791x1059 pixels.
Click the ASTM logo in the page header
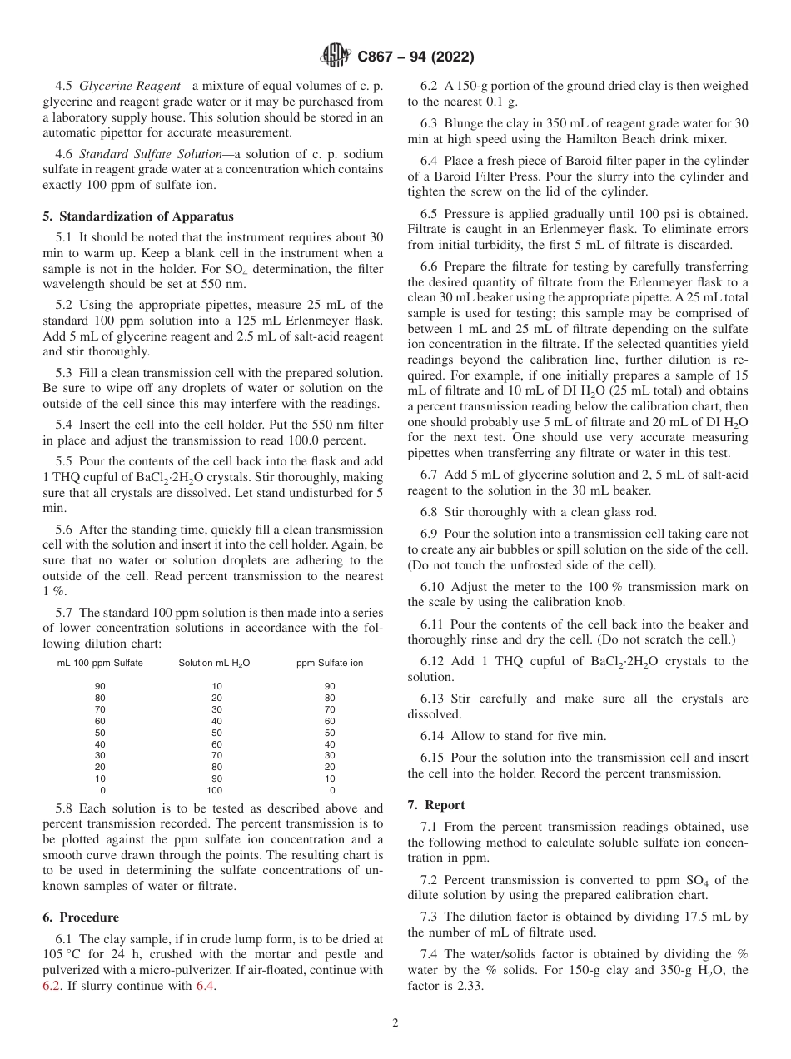[x=335, y=57]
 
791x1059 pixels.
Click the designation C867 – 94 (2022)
[x=415, y=57]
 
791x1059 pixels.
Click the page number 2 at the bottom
[x=395, y=1023]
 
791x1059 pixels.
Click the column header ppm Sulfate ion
[x=330, y=663]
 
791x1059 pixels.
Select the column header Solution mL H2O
[x=214, y=663]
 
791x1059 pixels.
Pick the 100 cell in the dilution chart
[x=215, y=790]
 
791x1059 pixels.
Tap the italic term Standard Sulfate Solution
[x=148, y=154]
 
